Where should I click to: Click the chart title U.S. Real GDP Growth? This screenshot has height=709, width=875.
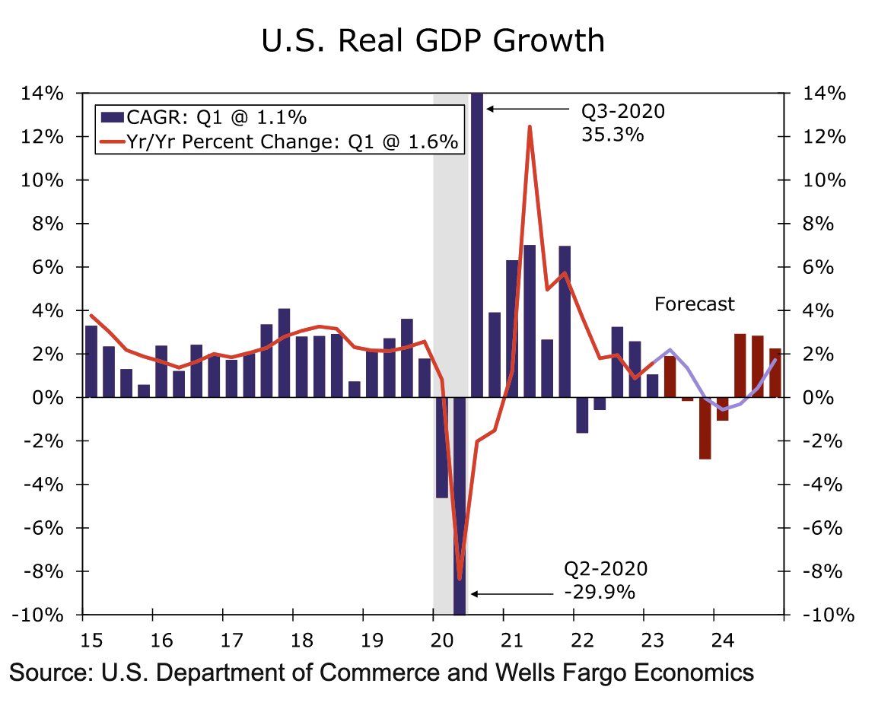(433, 40)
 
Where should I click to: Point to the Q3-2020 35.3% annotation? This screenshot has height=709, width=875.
(622, 122)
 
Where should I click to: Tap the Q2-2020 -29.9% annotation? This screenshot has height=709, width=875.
(605, 580)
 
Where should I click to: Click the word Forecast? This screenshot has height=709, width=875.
(694, 304)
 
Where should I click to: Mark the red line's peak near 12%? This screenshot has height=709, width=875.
(529, 127)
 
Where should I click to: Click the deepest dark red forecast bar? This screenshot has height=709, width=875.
(705, 428)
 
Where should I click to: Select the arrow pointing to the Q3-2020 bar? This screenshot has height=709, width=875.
(528, 110)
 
